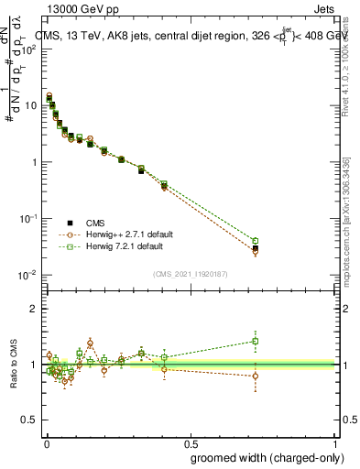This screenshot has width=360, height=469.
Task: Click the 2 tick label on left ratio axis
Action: [33, 309]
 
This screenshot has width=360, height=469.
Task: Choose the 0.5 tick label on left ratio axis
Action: [29, 420]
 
